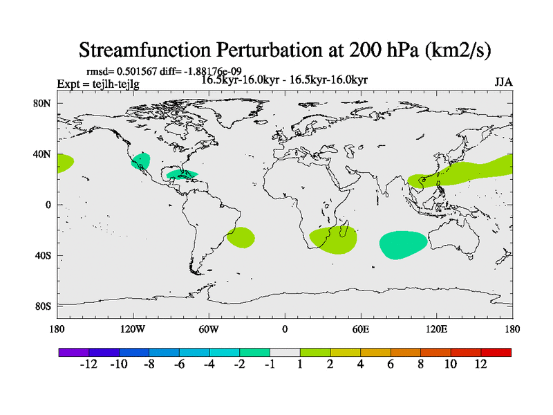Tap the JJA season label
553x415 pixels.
[x=503, y=82]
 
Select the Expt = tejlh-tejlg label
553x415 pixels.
[x=97, y=84]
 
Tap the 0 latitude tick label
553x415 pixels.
[x=48, y=205]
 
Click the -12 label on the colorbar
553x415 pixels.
[x=88, y=365]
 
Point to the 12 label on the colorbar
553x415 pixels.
[x=480, y=365]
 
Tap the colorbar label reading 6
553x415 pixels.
[x=391, y=365]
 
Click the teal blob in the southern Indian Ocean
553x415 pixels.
[x=404, y=244]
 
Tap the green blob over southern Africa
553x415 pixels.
[x=335, y=239]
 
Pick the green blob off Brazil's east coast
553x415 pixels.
[x=241, y=238]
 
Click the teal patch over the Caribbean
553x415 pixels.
[x=182, y=174]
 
